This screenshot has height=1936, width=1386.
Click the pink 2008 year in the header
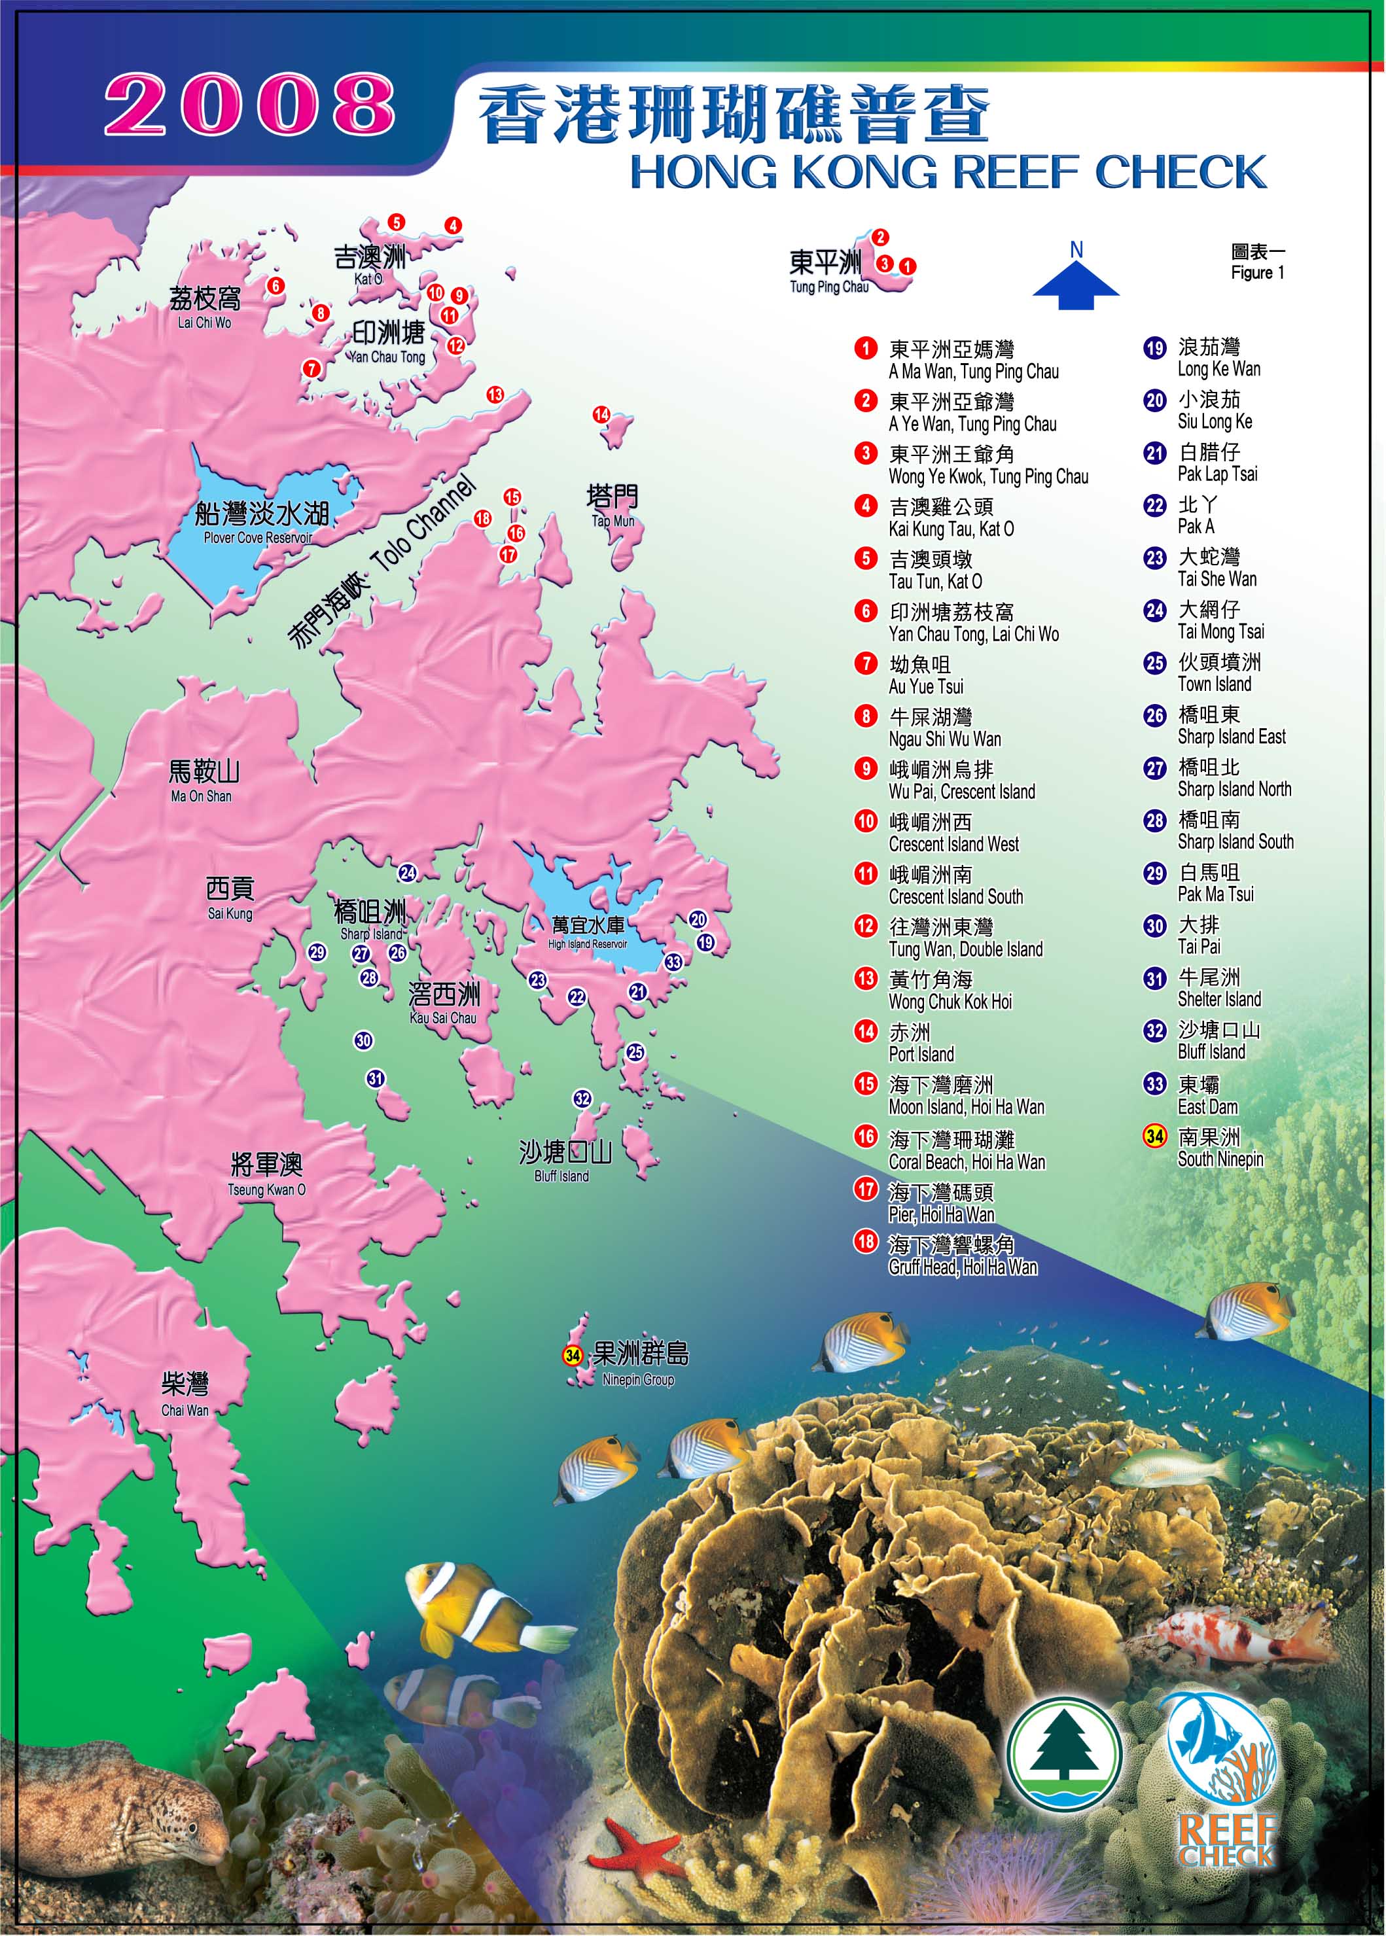click(x=249, y=104)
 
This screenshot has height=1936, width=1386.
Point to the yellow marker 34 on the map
click(x=573, y=1355)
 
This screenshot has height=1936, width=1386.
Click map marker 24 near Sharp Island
click(x=407, y=872)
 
